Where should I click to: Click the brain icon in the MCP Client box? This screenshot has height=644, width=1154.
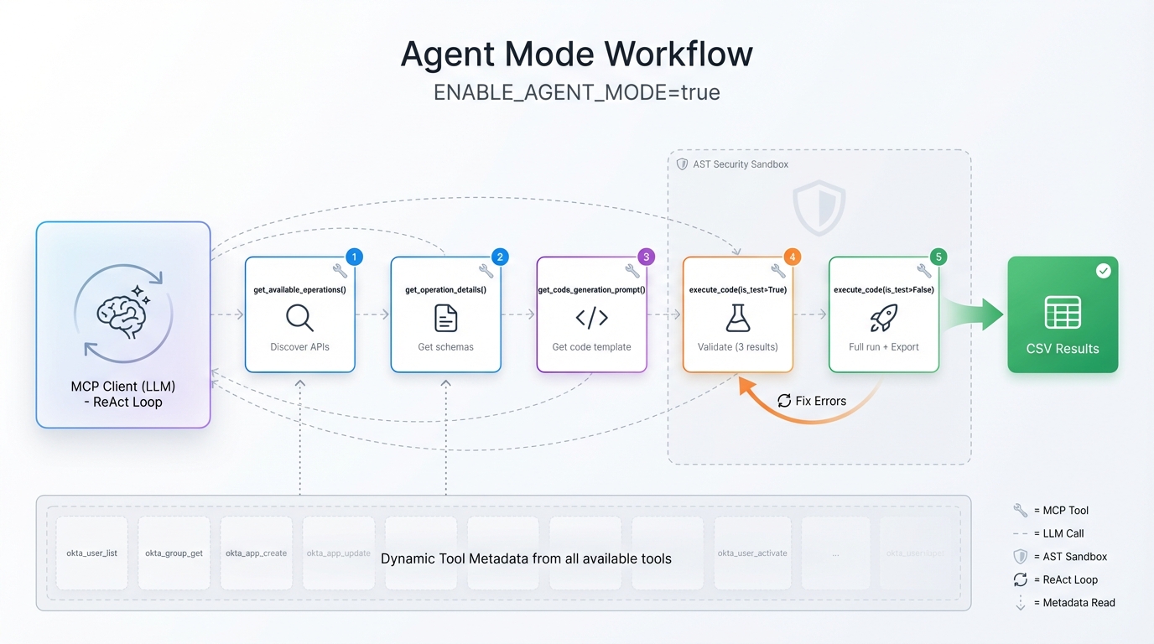(122, 314)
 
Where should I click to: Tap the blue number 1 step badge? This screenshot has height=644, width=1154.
(354, 257)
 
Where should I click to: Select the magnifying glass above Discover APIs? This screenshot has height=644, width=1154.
(299, 318)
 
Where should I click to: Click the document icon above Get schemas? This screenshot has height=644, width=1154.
(445, 318)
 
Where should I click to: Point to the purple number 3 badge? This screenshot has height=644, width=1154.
(646, 257)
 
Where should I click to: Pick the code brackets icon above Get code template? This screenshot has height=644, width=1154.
(591, 318)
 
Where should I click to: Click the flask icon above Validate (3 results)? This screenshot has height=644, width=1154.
(737, 318)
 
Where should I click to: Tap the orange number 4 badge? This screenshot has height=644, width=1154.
(792, 257)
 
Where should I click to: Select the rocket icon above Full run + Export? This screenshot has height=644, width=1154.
(883, 318)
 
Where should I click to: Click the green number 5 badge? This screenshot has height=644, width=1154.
(938, 257)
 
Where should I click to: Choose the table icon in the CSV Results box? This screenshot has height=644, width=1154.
(1063, 313)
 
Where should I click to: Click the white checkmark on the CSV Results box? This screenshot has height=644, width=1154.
(1104, 271)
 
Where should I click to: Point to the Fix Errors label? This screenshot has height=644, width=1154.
(820, 401)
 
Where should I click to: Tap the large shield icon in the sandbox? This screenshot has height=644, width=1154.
(819, 207)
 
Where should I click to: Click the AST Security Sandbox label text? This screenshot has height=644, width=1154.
(741, 164)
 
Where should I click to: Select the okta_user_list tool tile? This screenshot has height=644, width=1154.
(92, 553)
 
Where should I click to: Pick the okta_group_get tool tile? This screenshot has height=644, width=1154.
(174, 553)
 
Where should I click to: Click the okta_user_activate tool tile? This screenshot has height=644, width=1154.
(752, 553)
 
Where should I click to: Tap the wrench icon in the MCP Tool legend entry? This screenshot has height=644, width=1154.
(1020, 510)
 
